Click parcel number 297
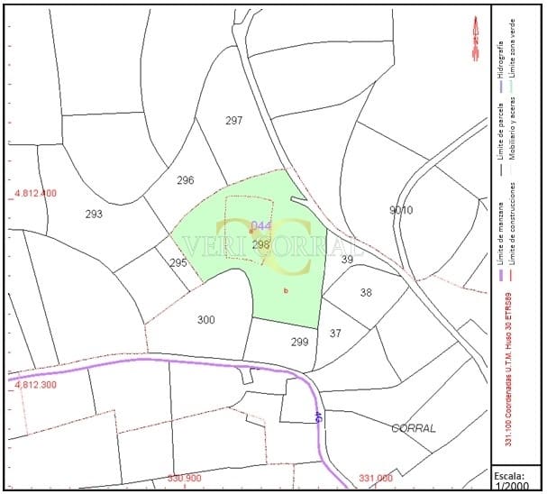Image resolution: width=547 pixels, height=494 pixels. pyautogui.click(x=234, y=121)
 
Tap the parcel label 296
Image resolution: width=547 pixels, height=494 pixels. pyautogui.click(x=186, y=180)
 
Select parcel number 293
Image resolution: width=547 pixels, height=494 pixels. pyautogui.click(x=94, y=215)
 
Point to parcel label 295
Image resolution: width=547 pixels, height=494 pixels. pyautogui.click(x=178, y=263)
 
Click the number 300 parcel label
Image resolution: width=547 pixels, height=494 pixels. pyautogui.click(x=206, y=320)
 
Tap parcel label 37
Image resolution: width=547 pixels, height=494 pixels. pyautogui.click(x=335, y=334)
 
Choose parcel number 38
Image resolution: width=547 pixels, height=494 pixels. pyautogui.click(x=366, y=293)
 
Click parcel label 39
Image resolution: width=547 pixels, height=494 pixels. pyautogui.click(x=347, y=260)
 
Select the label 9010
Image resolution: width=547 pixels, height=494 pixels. pyautogui.click(x=401, y=210)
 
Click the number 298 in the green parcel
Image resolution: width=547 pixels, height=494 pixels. pyautogui.click(x=261, y=244)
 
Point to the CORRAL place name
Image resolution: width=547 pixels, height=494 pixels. pyautogui.click(x=415, y=429)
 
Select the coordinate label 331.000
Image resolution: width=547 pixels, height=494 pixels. pyautogui.click(x=376, y=479)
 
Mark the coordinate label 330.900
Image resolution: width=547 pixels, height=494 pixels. pyautogui.click(x=185, y=479)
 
